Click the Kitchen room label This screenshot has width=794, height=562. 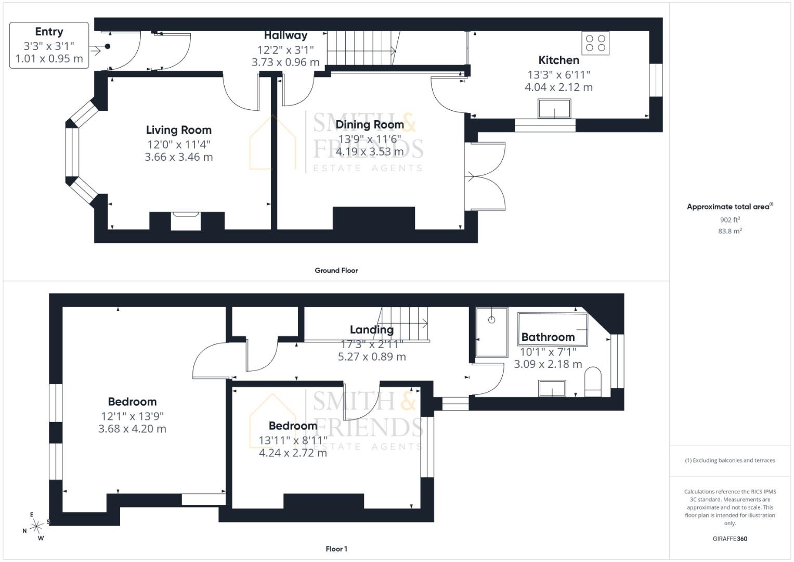558,60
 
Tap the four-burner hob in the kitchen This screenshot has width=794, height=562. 595,43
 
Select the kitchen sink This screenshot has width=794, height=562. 554,109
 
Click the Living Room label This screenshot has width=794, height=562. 179,130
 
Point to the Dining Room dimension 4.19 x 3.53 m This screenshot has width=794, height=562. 370,152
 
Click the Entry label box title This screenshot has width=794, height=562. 49,32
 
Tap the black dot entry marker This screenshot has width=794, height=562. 108,46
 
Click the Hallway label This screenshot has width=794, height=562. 285,35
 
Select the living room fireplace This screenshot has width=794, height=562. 186,221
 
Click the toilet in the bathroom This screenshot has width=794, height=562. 593,382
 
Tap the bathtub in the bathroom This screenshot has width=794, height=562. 552,329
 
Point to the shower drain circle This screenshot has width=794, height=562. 491,320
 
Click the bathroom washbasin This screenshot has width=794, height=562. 552,388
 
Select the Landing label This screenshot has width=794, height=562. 371,329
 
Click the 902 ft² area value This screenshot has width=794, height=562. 730,220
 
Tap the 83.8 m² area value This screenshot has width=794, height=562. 730,231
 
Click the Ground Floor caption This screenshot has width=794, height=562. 336,271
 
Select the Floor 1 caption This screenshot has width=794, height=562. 336,549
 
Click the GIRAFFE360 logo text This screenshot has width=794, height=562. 730,539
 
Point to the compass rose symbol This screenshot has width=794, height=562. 36,526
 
